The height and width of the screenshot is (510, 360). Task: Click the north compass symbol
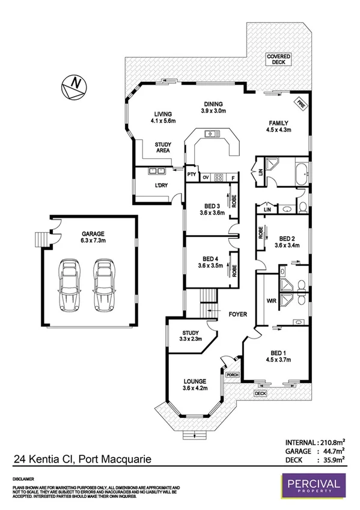click(x=74, y=85)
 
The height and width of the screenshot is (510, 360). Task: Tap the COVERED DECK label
click(x=279, y=59)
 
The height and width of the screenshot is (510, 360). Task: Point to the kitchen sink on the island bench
click(x=210, y=134)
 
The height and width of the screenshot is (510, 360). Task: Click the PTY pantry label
click(x=191, y=176)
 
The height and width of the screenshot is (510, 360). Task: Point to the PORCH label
click(x=232, y=375)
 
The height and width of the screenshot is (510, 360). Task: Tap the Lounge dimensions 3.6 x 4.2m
click(x=195, y=388)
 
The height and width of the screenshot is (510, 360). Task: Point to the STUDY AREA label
click(x=163, y=148)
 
